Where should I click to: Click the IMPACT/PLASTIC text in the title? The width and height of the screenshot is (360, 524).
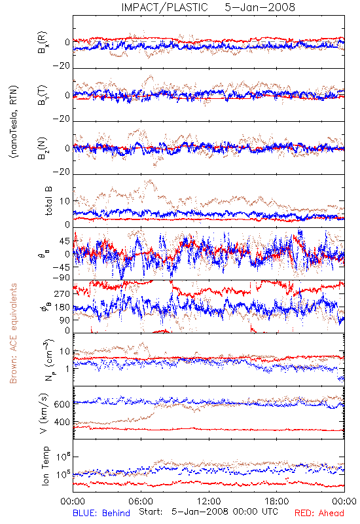click(x=165, y=7)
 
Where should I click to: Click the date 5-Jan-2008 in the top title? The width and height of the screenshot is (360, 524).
click(x=260, y=7)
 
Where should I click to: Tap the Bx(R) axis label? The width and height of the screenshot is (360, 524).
click(x=43, y=43)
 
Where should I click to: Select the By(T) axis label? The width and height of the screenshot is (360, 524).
click(x=43, y=95)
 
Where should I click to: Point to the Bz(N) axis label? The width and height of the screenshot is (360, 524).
click(x=43, y=148)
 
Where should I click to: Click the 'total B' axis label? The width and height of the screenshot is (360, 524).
click(x=48, y=201)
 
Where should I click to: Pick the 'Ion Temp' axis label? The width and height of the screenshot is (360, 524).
click(x=45, y=466)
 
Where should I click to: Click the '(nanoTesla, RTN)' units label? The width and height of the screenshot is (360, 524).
click(x=14, y=122)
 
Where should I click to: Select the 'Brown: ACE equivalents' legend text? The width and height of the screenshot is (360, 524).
click(x=13, y=333)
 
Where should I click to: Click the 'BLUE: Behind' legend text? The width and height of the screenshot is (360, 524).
click(x=101, y=513)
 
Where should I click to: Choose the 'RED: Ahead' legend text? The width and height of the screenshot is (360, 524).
click(x=319, y=513)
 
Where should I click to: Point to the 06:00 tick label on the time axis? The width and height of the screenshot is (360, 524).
click(x=141, y=501)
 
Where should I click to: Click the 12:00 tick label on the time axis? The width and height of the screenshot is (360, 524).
click(x=209, y=501)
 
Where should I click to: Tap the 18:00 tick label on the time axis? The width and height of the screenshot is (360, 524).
click(x=277, y=501)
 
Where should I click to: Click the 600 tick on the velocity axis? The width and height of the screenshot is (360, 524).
click(x=62, y=404)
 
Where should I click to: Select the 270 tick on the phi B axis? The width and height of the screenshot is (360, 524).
click(x=62, y=293)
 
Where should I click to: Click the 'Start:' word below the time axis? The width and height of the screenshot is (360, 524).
click(x=151, y=512)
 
